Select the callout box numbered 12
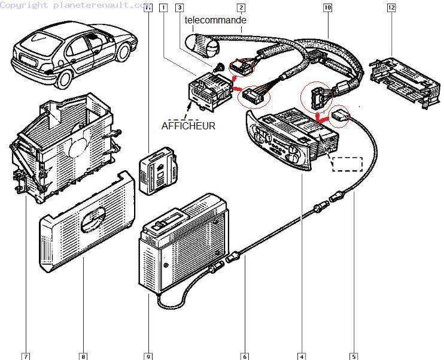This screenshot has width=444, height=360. [391, 8]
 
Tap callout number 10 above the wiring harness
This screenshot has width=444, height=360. [327, 8]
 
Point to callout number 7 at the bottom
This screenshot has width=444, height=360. [26, 356]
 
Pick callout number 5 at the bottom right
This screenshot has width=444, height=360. [354, 356]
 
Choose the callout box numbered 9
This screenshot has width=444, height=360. [147, 356]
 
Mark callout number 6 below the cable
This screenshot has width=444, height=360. [245, 356]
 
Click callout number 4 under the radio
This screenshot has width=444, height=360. [302, 356]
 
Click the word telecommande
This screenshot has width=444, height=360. [215, 20]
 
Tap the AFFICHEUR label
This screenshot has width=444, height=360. [188, 126]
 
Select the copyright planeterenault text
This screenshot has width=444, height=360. [75, 5]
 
